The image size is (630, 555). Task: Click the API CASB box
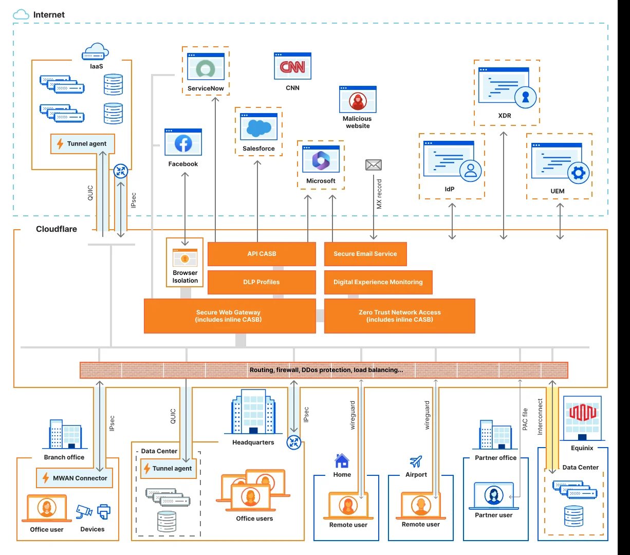click(262, 254)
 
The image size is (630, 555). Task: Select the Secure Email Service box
click(365, 254)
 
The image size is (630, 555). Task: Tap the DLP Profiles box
click(262, 282)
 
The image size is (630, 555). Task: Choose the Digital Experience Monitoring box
click(378, 282)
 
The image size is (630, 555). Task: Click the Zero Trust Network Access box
click(399, 316)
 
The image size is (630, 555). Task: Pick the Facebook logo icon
click(183, 144)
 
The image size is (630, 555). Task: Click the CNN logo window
click(292, 67)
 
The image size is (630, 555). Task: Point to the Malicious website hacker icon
click(358, 101)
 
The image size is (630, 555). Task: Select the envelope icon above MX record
click(374, 165)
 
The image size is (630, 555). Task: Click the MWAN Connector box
click(75, 478)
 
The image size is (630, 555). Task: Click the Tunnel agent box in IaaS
click(82, 144)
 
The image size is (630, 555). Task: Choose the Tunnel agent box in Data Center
click(168, 469)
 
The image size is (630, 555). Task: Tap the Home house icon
click(342, 460)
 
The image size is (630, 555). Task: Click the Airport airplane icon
click(416, 461)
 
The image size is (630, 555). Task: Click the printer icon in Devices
click(103, 511)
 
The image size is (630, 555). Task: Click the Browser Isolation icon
click(185, 257)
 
